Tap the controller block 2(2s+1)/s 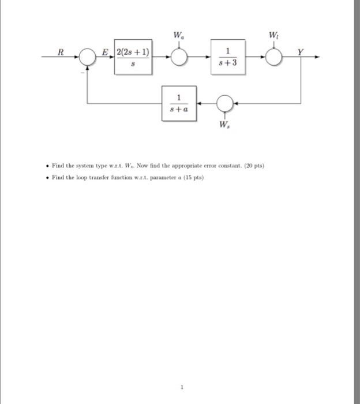tap(133, 57)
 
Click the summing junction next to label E tap(87, 57)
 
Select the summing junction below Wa tap(179, 57)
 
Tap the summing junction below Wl tap(276, 57)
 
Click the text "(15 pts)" tap(194, 177)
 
